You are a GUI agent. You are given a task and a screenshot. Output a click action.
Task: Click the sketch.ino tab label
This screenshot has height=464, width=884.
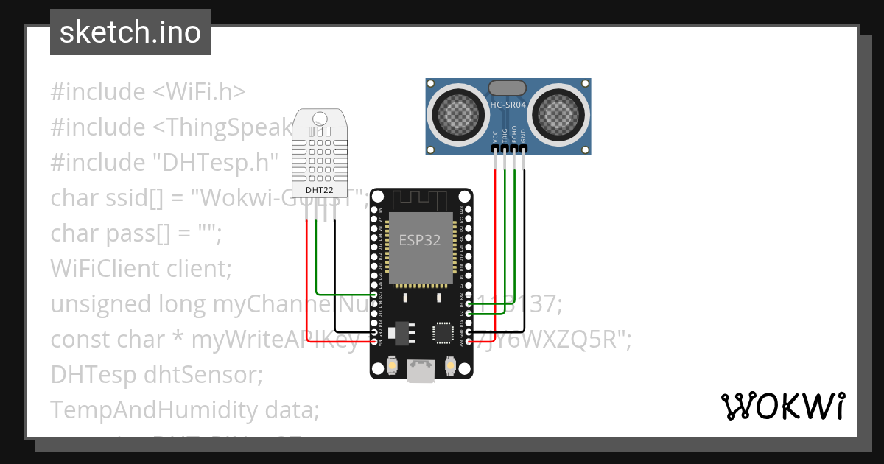pyautogui.click(x=130, y=32)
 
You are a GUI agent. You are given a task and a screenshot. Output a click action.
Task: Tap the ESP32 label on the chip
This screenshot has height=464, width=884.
pyautogui.click(x=419, y=240)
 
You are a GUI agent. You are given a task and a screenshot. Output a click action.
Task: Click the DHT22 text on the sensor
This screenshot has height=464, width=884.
pyautogui.click(x=319, y=190)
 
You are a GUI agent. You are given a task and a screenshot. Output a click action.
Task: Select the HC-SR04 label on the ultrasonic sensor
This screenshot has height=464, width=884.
pyautogui.click(x=508, y=105)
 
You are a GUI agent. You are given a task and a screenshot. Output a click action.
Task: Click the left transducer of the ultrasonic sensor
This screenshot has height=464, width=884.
pyautogui.click(x=458, y=112)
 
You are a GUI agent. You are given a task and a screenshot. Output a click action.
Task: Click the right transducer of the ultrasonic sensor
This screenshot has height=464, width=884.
pyautogui.click(x=558, y=112)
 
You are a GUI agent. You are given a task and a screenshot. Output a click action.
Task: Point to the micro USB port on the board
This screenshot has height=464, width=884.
pyautogui.click(x=421, y=373)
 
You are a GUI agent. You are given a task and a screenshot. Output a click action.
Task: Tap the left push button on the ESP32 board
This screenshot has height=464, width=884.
pyautogui.click(x=391, y=365)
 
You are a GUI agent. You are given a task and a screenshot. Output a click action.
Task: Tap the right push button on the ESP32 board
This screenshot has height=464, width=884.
pyautogui.click(x=451, y=365)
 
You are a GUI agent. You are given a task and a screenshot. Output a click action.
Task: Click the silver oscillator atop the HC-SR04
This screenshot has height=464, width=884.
pyautogui.click(x=508, y=88)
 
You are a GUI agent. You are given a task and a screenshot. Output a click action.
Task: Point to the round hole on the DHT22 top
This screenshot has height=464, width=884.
pyautogui.click(x=319, y=118)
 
